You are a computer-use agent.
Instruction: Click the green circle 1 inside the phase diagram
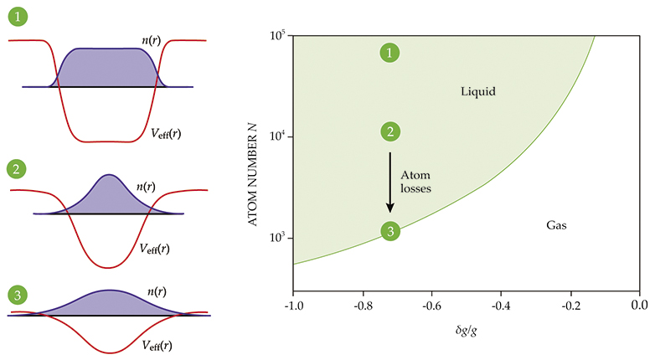coord(389,53)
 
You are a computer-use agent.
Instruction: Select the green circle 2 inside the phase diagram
coord(389,131)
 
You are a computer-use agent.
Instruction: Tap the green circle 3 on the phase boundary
coord(389,231)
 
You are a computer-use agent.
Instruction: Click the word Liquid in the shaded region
coord(478,90)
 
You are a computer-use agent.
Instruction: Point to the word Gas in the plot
coord(557,225)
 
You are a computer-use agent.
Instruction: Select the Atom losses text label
coord(416,182)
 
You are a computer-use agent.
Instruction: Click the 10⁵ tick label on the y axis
coord(279,35)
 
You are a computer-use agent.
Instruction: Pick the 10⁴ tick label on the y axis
coord(279,137)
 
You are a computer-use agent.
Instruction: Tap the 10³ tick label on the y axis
coord(279,239)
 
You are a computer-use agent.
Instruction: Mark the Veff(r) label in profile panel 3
coord(157,344)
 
